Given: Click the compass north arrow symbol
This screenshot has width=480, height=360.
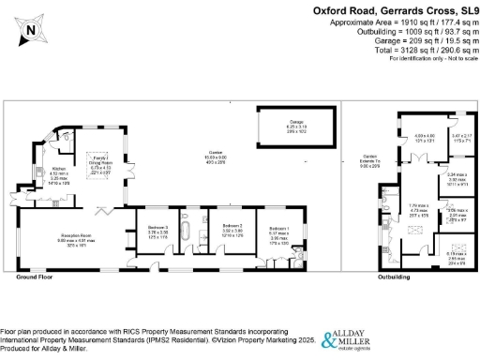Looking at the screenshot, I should coord(31,30).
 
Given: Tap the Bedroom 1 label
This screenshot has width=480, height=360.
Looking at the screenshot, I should coord(279,231).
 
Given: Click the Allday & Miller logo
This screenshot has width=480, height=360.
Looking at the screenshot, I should coord(355,339).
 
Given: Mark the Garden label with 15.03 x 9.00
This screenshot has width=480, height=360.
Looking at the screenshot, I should coord(202,157).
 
